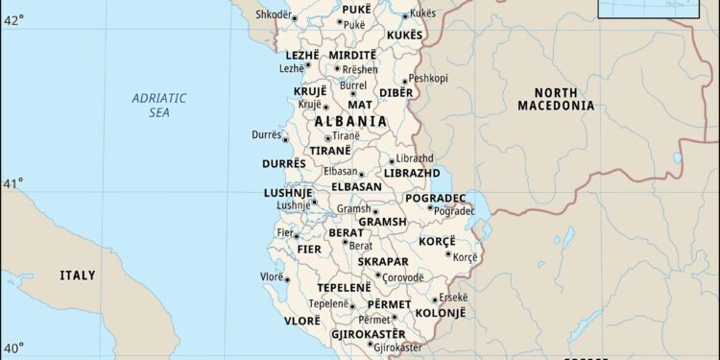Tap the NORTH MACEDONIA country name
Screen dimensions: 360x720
556,98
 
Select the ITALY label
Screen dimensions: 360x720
78,276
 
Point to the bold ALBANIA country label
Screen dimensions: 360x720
350,122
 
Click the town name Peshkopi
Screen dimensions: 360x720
428,79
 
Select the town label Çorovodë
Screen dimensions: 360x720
403,276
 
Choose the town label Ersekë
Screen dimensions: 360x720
453,297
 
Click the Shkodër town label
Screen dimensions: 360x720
273,14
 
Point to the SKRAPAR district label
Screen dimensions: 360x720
383,261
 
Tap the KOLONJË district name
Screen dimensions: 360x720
442,313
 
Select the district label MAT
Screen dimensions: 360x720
360,104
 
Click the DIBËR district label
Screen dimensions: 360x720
396,92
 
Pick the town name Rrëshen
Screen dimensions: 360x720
360,70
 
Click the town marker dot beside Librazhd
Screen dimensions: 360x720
391,160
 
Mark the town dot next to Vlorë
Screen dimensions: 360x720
286,278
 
